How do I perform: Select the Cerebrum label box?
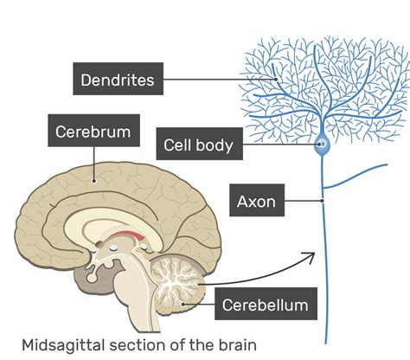pos(93,132)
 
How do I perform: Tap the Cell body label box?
pos(198,145)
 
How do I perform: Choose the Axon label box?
pos(255,202)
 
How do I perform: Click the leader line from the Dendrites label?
pos(216,80)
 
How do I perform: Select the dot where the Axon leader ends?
pos(322,202)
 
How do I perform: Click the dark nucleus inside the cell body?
pos(320,145)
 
